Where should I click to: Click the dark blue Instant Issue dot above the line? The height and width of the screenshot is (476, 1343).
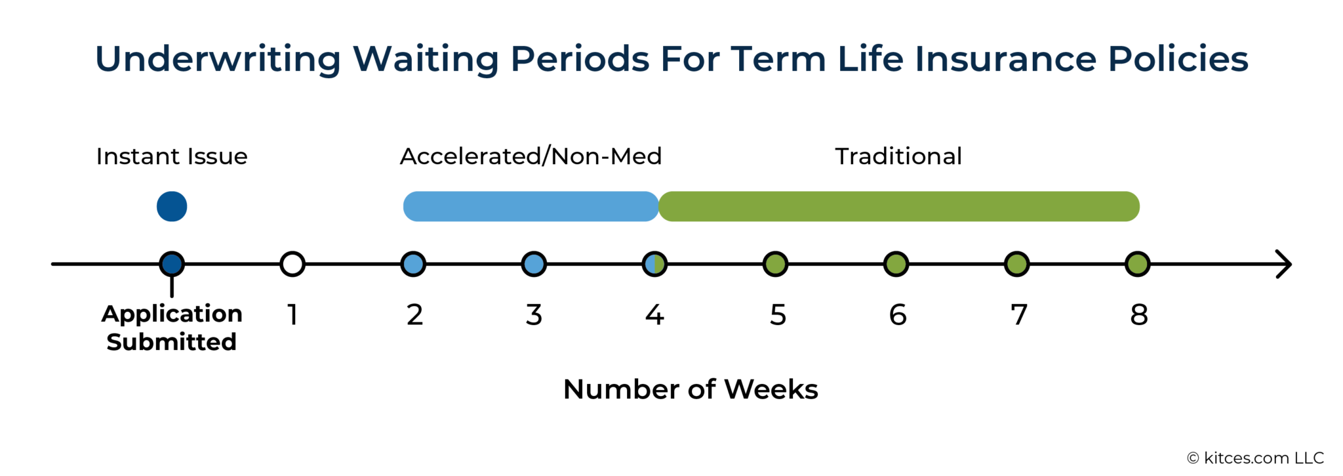[172, 207]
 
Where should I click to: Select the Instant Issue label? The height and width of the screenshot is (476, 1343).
[172, 156]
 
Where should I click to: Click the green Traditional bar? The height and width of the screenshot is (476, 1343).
[898, 207]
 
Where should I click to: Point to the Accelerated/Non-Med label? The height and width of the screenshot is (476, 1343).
[531, 156]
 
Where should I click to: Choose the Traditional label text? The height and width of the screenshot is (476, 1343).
[898, 156]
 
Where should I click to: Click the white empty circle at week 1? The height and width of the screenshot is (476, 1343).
[292, 265]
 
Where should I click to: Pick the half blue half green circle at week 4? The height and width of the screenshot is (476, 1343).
[654, 265]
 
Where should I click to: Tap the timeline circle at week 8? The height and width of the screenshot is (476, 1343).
[1137, 265]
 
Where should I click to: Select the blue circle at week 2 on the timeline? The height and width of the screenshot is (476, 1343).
[413, 265]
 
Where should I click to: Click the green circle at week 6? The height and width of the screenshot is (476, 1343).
[896, 265]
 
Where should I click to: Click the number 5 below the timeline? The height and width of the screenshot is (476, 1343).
[778, 315]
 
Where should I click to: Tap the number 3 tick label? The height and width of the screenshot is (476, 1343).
[534, 315]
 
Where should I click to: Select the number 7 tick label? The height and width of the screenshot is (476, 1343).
[1018, 315]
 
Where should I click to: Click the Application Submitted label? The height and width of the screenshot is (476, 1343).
[172, 328]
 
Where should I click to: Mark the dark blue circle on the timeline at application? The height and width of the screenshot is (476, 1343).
[172, 265]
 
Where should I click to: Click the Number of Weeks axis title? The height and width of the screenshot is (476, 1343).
[691, 389]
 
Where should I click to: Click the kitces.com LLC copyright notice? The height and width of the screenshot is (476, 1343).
[1255, 458]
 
